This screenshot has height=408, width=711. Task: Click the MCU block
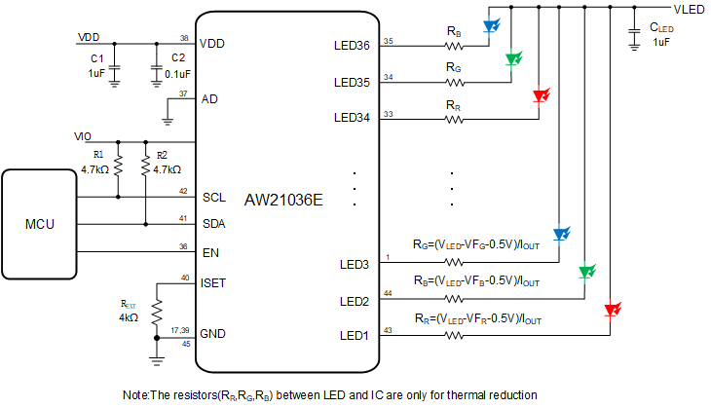[40, 224]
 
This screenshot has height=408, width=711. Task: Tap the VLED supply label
[689, 9]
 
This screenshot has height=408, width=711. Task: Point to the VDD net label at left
[88, 37]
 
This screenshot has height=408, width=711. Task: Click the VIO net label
[85, 136]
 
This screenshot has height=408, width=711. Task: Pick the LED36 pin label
[352, 46]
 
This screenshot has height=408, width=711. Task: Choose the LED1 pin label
[355, 336]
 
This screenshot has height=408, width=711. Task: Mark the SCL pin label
[214, 197]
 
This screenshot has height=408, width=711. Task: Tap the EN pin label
[209, 252]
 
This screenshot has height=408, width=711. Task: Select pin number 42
[183, 192]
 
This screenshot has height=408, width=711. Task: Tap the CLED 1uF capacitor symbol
[635, 29]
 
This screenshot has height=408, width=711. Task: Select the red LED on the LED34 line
[540, 95]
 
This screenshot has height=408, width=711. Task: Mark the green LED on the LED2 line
[585, 272]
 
